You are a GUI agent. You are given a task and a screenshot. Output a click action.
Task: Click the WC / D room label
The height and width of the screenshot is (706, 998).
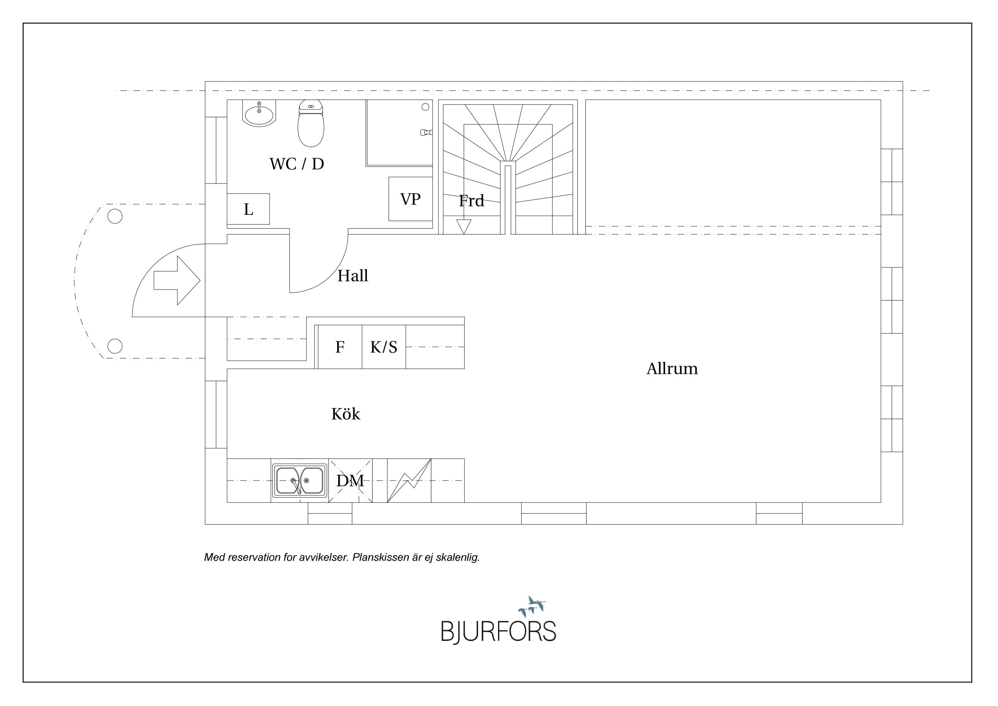[297, 164]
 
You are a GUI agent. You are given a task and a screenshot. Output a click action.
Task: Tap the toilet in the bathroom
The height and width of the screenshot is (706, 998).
[311, 123]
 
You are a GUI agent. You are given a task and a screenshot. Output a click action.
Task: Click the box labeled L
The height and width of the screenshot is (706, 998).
[248, 209]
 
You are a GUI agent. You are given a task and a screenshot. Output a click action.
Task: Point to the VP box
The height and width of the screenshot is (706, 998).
[410, 199]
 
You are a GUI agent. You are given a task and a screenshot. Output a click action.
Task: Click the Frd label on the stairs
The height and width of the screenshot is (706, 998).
[471, 201]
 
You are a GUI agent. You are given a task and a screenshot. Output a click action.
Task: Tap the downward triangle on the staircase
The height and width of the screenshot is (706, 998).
[464, 227]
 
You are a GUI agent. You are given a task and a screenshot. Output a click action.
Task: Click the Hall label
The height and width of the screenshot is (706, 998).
[352, 276]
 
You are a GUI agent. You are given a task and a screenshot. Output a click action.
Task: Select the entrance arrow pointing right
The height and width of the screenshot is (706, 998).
[177, 280]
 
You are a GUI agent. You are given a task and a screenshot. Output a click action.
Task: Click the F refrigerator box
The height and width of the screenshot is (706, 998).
[340, 347]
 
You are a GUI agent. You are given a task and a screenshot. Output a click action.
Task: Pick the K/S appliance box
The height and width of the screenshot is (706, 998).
[384, 347]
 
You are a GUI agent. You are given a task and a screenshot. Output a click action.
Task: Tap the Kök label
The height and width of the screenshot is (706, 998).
[346, 414]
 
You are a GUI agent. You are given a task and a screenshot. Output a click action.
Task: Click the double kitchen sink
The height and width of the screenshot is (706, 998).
[300, 480]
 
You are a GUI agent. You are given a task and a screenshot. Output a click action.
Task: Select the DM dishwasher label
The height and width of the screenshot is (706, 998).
[350, 480]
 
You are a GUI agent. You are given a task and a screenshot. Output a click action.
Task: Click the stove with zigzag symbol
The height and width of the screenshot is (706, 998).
[409, 480]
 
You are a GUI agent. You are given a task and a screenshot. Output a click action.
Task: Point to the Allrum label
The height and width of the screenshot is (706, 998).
[672, 369]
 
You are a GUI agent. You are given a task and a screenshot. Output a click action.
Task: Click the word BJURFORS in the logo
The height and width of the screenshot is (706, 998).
[499, 631]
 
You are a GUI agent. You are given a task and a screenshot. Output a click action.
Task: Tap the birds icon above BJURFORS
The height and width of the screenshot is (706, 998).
[532, 606]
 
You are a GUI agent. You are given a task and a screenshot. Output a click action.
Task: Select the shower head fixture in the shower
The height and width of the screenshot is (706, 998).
[426, 132]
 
